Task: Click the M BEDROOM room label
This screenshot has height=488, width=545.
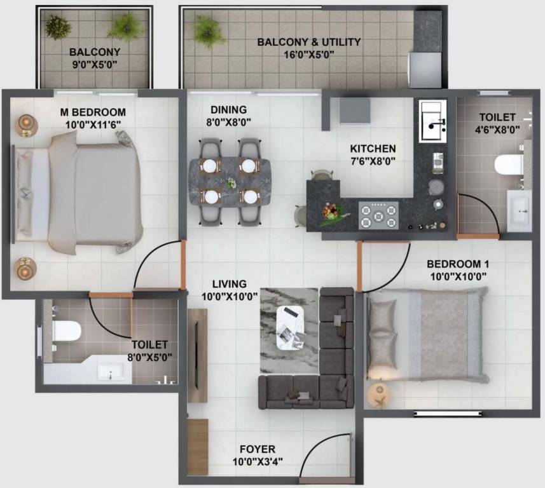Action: (x=92, y=112)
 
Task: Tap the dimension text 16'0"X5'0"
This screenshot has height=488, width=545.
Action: (x=309, y=55)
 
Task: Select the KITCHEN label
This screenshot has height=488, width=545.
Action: (x=373, y=149)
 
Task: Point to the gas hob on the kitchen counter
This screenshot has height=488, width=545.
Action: (x=378, y=214)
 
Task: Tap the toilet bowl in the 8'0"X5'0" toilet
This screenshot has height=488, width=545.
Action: (x=66, y=331)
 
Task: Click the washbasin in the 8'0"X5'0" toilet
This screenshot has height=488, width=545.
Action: (x=113, y=371)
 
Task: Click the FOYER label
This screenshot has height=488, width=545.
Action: (x=258, y=450)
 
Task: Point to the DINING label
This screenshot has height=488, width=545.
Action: (x=229, y=109)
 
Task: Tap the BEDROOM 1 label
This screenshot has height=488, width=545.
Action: (x=457, y=264)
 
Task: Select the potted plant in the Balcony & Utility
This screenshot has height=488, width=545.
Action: (x=208, y=30)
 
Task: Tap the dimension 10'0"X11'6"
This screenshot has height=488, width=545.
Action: (x=92, y=124)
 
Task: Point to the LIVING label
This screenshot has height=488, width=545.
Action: (x=230, y=284)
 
